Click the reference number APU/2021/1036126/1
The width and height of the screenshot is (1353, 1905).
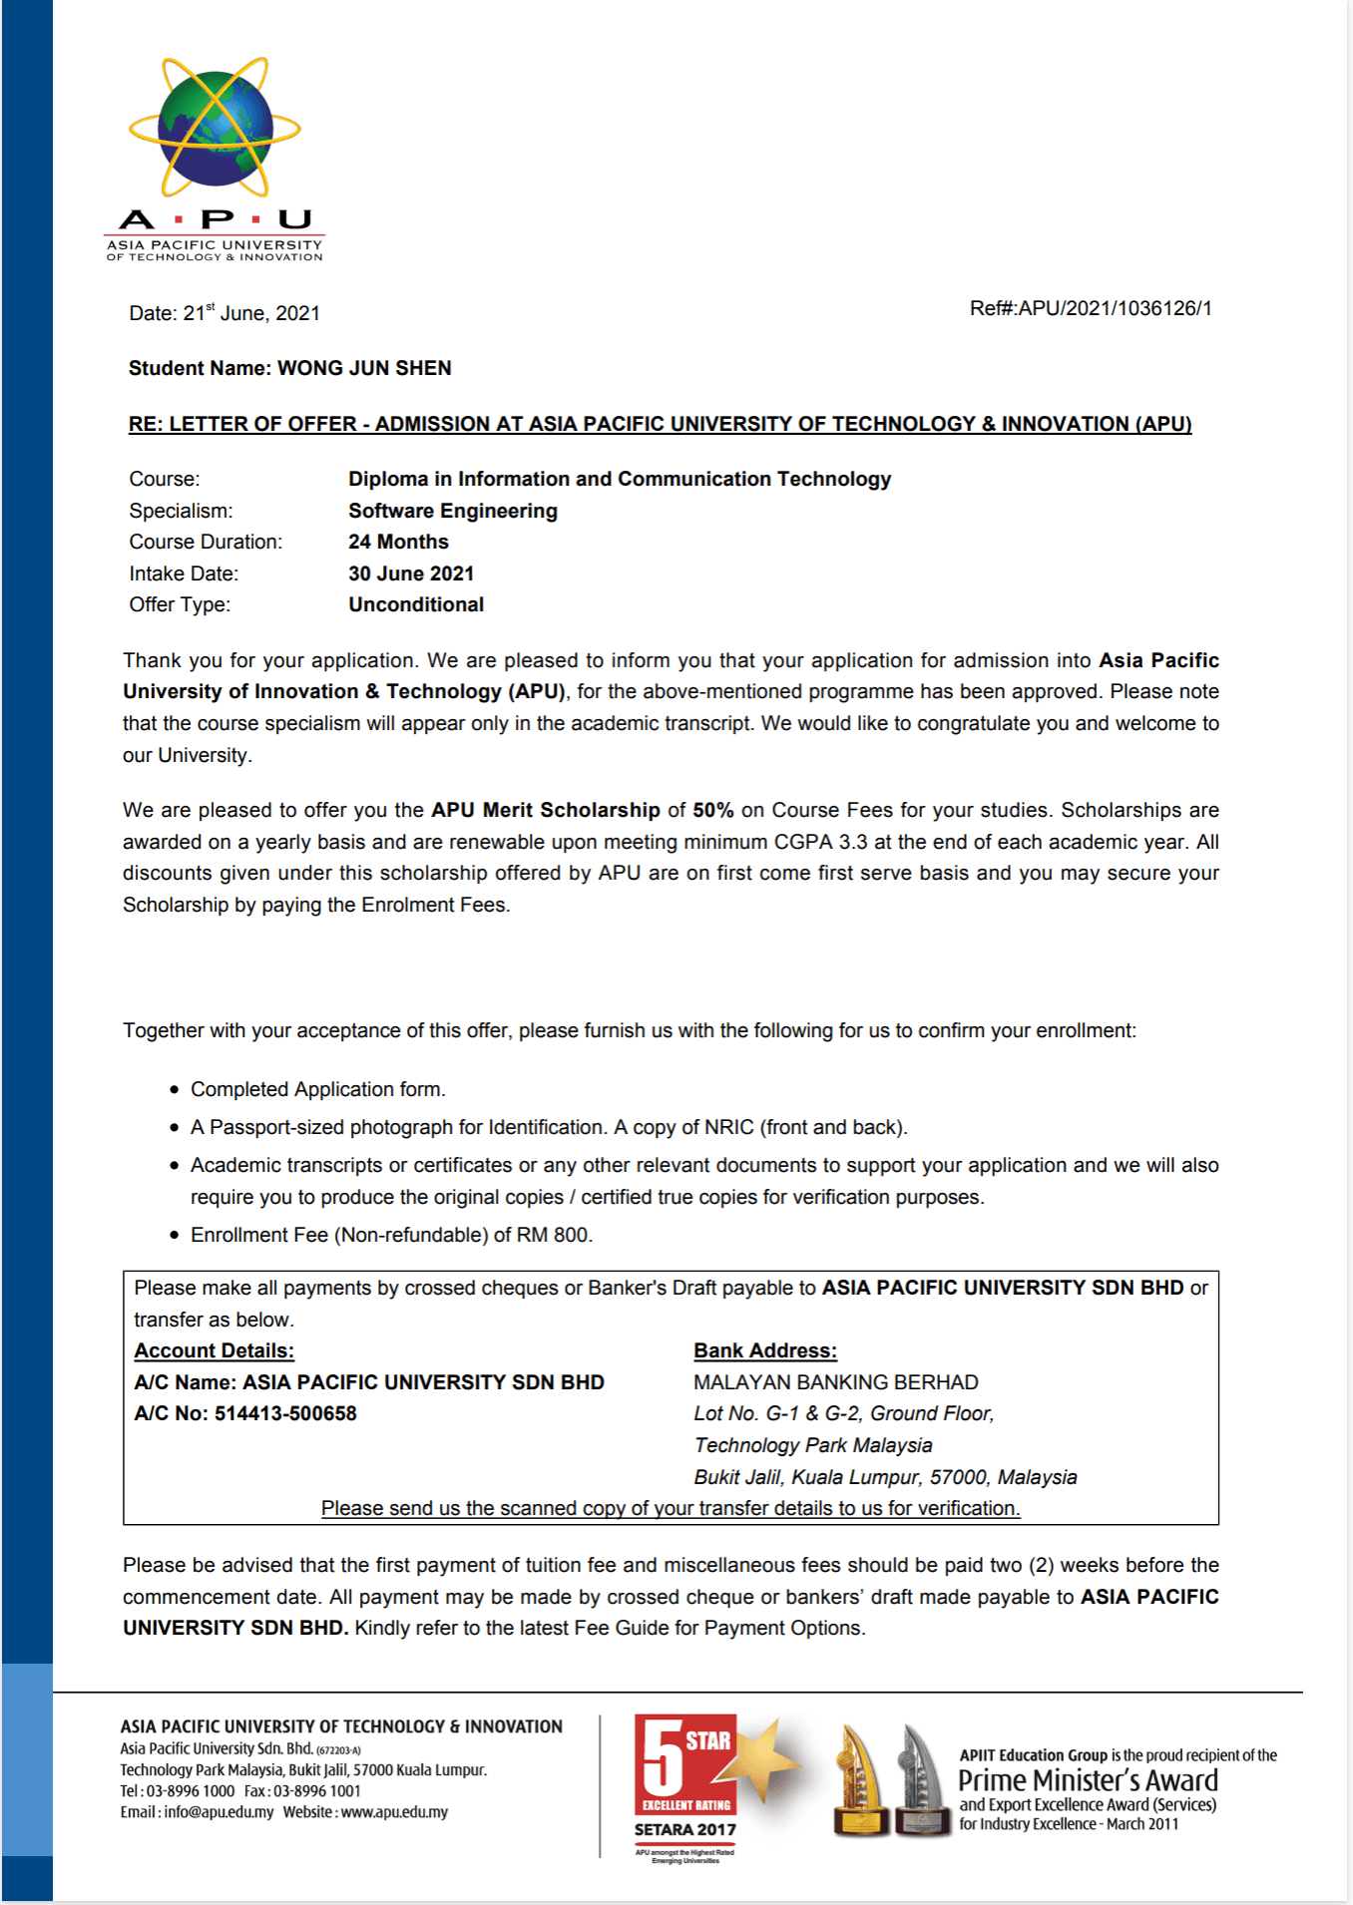(x=1115, y=308)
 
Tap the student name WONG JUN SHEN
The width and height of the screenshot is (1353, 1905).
(x=364, y=368)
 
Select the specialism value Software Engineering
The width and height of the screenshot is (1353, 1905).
(x=452, y=511)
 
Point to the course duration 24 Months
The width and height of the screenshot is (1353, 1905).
(x=398, y=542)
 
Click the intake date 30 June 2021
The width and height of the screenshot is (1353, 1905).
(x=410, y=573)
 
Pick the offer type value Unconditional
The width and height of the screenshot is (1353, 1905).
(x=415, y=604)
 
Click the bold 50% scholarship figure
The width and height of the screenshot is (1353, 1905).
(x=712, y=810)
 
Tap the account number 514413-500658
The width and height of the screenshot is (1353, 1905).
(x=285, y=1413)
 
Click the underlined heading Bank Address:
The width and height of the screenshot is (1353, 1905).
(x=764, y=1350)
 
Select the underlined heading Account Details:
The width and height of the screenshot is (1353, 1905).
(x=214, y=1350)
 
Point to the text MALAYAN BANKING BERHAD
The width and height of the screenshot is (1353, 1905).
(x=835, y=1382)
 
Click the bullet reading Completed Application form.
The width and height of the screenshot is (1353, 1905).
(x=317, y=1089)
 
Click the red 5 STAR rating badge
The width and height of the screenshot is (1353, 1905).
(x=684, y=1765)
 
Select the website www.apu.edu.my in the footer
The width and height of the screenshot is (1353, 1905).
(x=394, y=1812)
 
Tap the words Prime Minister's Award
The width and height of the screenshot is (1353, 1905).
(x=1088, y=1780)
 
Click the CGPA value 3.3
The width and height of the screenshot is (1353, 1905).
(x=853, y=842)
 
